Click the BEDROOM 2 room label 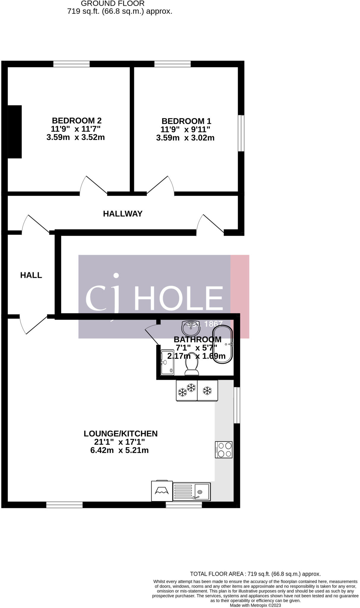(77, 121)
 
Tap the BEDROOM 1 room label (186, 121)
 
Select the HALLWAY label (123, 214)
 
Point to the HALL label (31, 275)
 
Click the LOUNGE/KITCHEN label (120, 433)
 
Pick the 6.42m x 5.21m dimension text (119, 450)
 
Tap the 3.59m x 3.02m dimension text (185, 138)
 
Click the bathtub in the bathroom (223, 344)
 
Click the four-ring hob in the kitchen (224, 450)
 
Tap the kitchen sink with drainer (191, 492)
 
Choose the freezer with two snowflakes (187, 391)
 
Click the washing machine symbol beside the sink (162, 491)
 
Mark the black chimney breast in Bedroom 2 (15, 132)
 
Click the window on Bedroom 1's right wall (241, 133)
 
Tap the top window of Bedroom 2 (72, 64)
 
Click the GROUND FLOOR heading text (113, 4)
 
